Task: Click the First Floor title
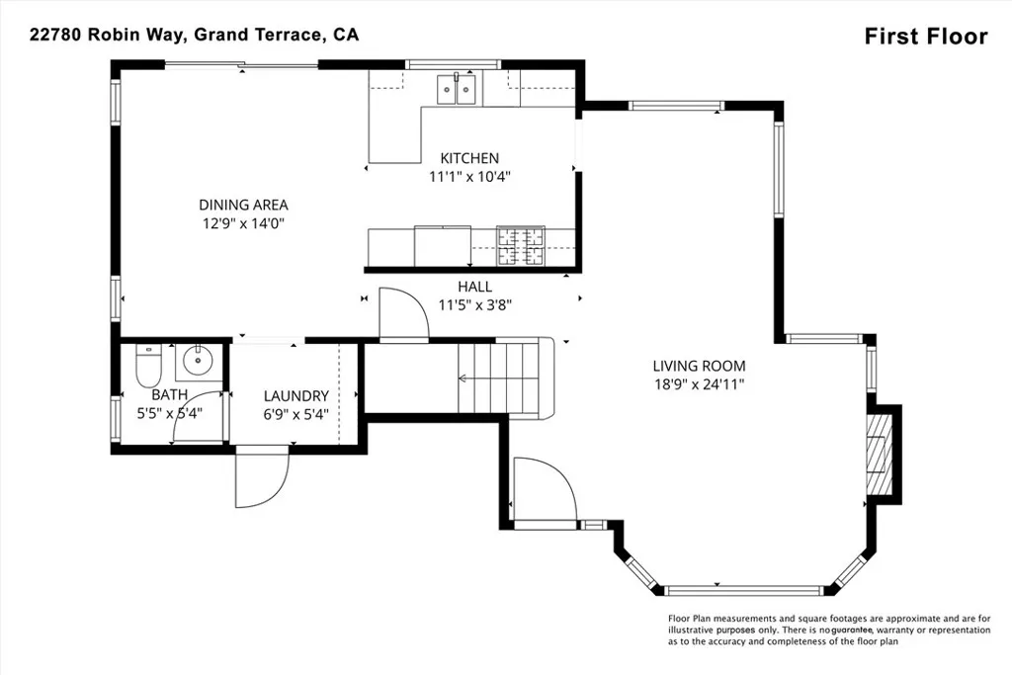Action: tap(925, 37)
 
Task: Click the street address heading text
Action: tap(194, 35)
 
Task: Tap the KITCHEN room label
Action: tap(469, 158)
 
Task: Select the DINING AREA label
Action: tap(243, 206)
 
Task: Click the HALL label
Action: tap(474, 287)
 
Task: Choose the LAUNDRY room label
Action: tap(295, 396)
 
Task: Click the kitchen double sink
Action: tap(458, 91)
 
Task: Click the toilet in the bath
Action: tap(148, 365)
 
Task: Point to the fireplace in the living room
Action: tap(878, 455)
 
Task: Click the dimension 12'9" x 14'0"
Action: tap(243, 223)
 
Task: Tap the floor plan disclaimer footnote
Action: tap(828, 630)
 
